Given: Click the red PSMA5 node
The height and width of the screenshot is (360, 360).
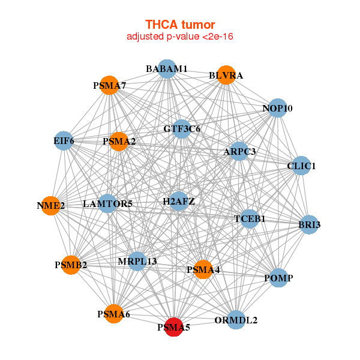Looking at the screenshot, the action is [173, 327].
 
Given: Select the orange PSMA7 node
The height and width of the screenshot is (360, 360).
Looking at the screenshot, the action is [109, 85].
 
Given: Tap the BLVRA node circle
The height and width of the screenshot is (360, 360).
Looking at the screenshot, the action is [226, 75].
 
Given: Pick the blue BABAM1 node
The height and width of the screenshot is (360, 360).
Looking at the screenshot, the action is [167, 69].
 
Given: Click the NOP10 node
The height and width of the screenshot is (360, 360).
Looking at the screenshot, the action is [277, 108].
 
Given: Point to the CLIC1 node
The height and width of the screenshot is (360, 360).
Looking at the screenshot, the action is [301, 166].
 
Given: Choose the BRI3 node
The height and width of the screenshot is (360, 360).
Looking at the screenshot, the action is [309, 224].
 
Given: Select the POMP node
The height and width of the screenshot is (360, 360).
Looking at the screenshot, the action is [278, 278].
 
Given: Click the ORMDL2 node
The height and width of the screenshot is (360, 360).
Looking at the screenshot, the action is [236, 320].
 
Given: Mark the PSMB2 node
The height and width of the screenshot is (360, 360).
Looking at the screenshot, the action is [71, 265].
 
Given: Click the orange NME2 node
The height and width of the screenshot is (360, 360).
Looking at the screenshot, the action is [51, 205].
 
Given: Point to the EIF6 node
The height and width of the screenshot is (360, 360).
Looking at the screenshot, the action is [64, 142].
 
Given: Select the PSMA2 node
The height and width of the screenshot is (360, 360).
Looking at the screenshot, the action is [119, 142].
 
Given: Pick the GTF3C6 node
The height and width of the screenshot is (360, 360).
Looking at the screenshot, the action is [182, 128].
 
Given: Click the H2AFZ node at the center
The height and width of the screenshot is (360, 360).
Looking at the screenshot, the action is [179, 201].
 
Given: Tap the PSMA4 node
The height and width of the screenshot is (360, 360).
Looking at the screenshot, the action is [203, 270].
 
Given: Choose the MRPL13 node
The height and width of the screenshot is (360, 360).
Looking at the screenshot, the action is [137, 261].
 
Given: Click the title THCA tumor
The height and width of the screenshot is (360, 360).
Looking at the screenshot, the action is [180, 25].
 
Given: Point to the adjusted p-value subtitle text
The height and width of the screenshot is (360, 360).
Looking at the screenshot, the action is [180, 37].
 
